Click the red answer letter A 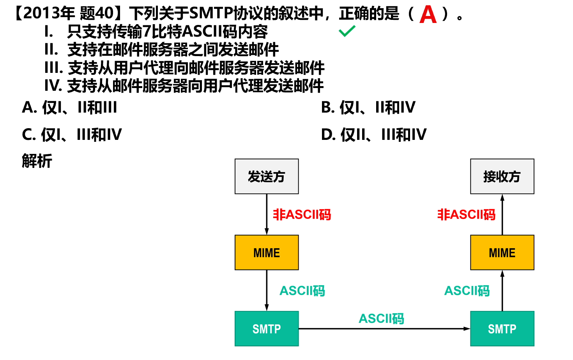428,15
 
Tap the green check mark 347,31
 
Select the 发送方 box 267,176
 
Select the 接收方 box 502,176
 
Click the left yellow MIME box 267,252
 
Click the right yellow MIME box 502,252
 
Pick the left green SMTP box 267,328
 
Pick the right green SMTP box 502,328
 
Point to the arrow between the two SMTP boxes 384,328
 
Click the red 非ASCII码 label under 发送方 302,214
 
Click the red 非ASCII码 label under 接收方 466,214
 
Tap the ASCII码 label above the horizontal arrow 381,318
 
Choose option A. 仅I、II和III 69,108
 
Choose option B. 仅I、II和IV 368,108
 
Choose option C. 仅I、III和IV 72,135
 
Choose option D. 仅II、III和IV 374,135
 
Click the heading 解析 37,161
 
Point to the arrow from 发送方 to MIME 267,214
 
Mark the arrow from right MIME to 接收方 502,214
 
